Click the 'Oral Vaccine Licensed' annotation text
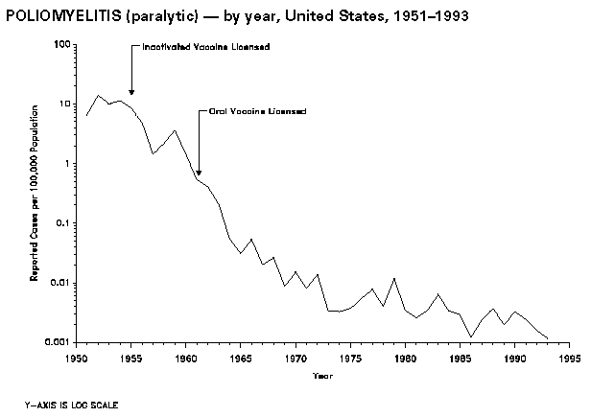(258, 111)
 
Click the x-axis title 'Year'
(322, 375)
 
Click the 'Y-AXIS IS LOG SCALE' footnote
(73, 404)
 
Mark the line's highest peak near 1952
(98, 95)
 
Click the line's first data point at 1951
(86, 115)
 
